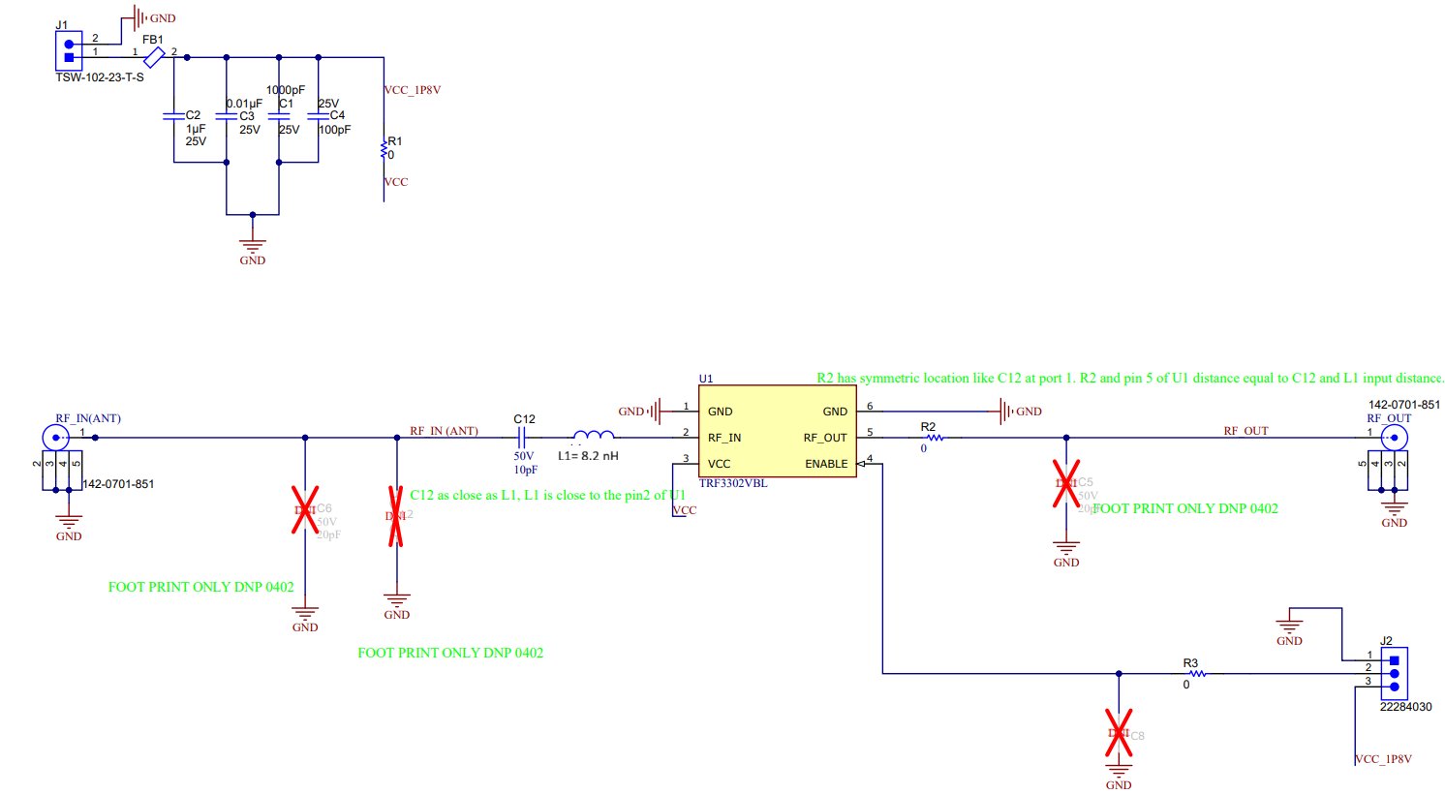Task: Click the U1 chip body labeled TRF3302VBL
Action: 777,431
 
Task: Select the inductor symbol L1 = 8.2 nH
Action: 593,436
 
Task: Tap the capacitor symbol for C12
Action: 523,438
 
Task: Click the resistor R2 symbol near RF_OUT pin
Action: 935,438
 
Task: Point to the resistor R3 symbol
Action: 1197,673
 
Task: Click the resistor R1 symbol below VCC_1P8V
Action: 384,148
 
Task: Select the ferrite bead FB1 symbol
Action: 154,57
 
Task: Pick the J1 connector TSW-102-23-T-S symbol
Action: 69,50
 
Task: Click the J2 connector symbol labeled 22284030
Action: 1394,672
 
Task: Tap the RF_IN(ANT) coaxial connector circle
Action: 56,438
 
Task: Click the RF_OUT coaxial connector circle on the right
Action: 1394,438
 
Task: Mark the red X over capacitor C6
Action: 305,509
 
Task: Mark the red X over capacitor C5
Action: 1066,483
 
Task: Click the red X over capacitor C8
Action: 1119,733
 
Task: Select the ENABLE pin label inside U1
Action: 825,464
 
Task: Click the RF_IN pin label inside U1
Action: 723,438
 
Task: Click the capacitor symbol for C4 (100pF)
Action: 318,115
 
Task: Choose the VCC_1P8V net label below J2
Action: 1383,759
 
